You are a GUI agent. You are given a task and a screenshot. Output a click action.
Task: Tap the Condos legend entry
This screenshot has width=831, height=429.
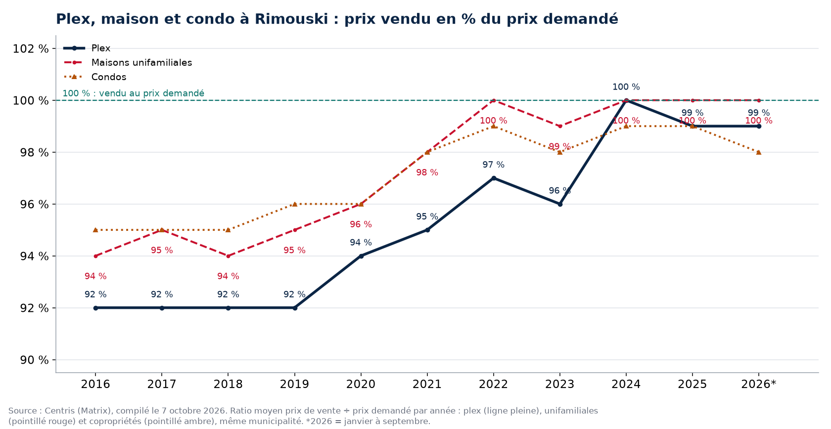click(x=95, y=77)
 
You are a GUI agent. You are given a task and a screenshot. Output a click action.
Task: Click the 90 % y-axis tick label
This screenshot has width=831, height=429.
click(x=34, y=360)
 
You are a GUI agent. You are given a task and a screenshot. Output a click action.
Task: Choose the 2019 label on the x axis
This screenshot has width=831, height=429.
click(x=295, y=384)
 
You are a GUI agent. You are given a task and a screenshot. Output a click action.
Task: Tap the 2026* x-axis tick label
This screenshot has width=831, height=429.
click(x=759, y=384)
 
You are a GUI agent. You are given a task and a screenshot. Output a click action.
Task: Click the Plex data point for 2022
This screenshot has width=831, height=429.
click(x=494, y=178)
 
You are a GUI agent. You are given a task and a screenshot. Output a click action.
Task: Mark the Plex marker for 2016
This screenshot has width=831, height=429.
click(x=96, y=308)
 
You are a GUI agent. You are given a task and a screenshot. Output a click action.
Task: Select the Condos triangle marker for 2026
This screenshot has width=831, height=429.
click(x=759, y=152)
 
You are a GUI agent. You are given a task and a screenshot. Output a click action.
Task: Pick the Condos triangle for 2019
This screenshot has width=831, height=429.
click(x=295, y=204)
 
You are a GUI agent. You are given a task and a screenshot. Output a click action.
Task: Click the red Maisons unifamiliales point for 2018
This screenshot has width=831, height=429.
click(x=228, y=256)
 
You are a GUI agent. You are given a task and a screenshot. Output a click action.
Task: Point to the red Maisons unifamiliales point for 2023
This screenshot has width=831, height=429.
click(x=560, y=127)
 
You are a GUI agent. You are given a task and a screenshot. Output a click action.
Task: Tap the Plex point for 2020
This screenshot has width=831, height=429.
click(x=361, y=256)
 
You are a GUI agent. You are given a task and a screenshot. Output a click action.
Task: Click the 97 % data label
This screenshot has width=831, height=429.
click(x=494, y=165)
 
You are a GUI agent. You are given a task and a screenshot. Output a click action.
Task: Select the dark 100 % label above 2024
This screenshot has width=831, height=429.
click(x=626, y=87)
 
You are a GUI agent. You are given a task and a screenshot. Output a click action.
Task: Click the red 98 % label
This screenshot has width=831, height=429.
click(x=427, y=172)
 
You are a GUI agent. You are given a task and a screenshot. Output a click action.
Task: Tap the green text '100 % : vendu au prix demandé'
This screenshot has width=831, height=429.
click(x=133, y=93)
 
